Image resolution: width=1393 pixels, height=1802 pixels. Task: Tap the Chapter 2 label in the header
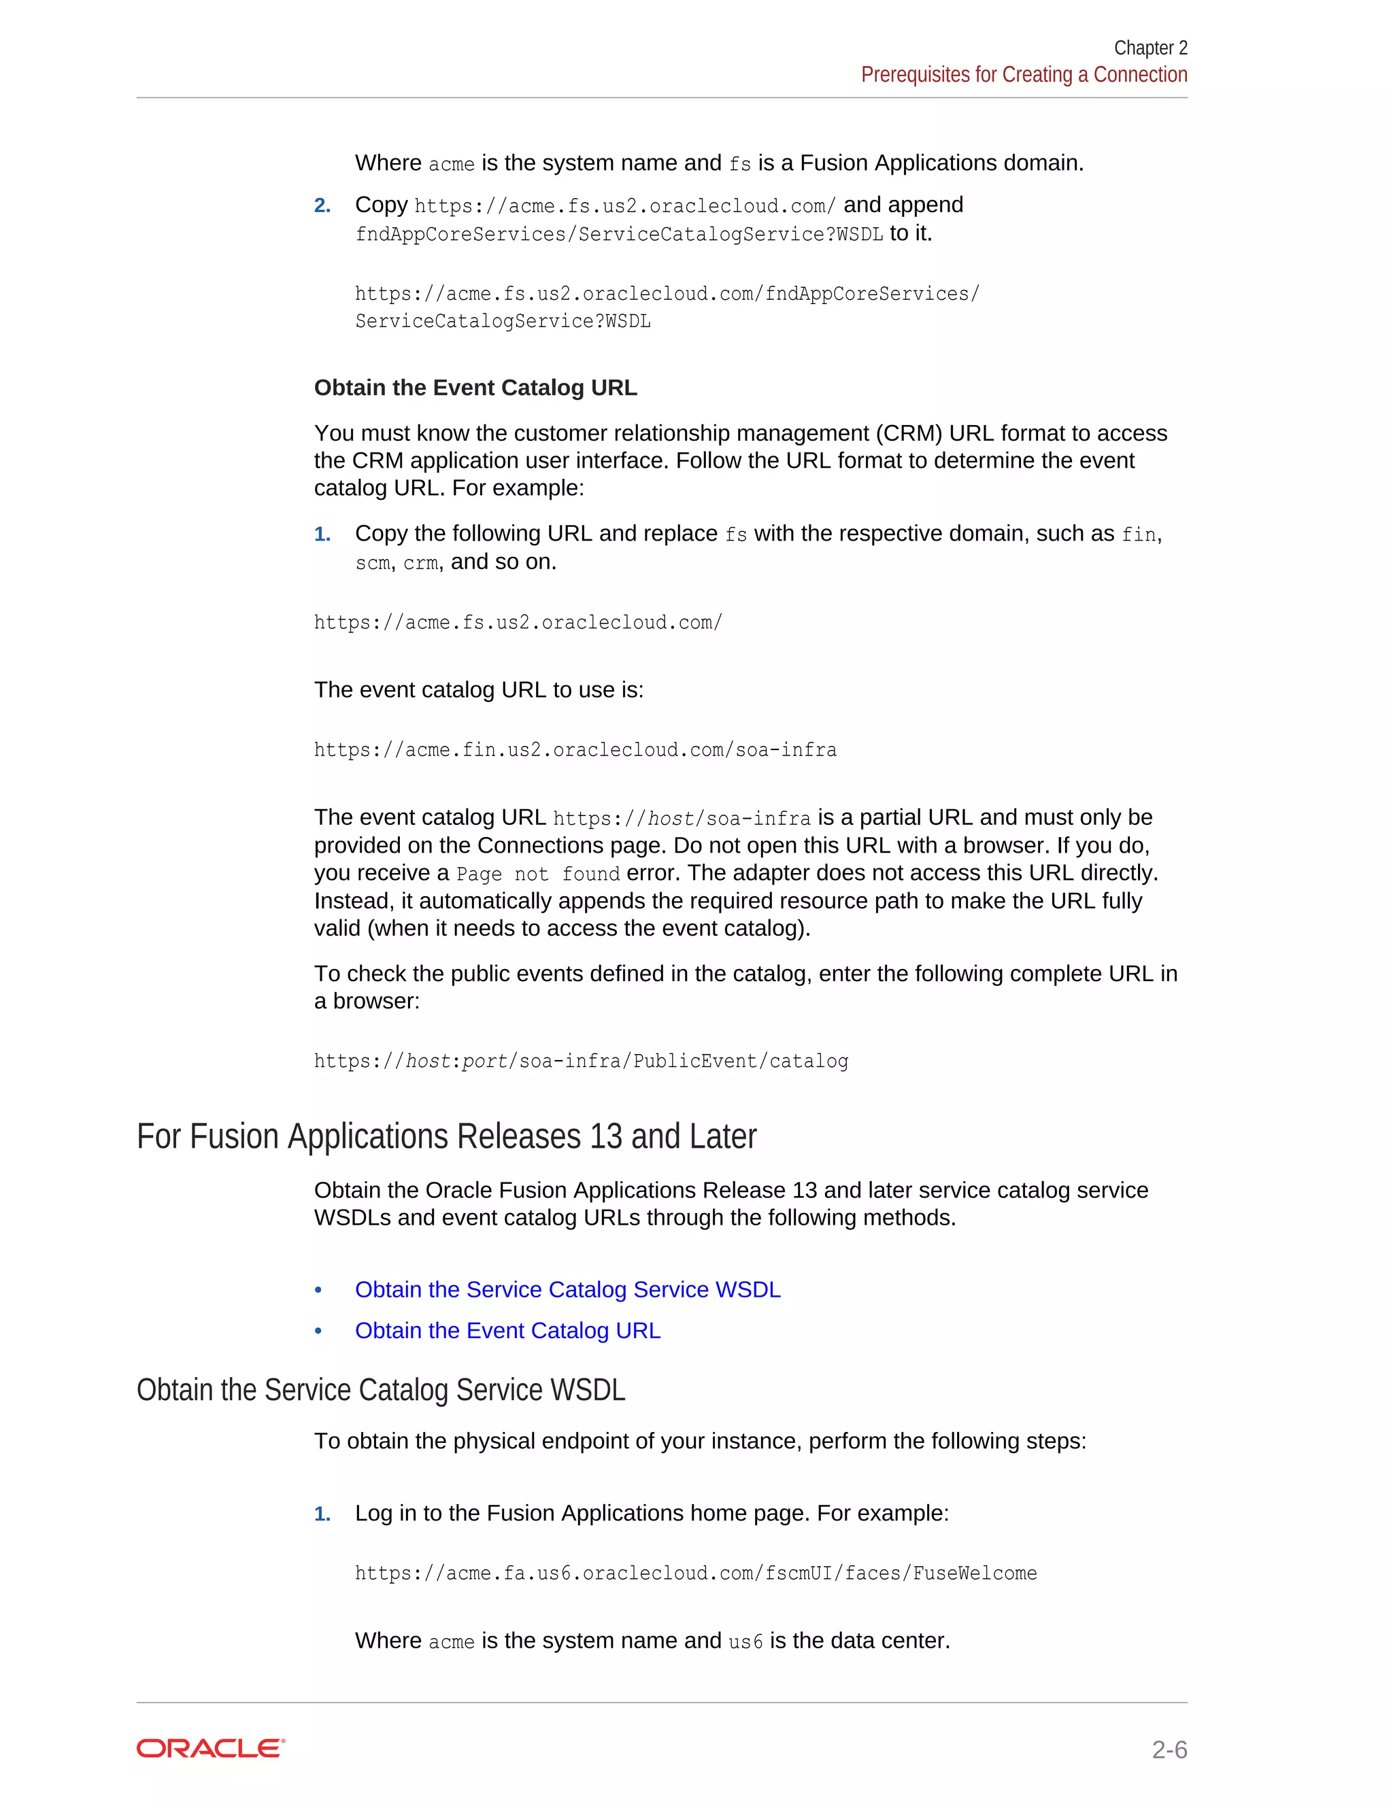coord(1149,48)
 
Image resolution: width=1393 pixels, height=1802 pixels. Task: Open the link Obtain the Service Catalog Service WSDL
coord(567,1289)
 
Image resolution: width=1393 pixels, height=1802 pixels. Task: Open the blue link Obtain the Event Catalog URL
coord(507,1331)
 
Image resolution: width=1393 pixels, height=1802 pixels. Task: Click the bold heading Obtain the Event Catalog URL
coord(475,388)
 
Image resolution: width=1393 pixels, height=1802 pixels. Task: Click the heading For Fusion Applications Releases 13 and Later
coord(446,1136)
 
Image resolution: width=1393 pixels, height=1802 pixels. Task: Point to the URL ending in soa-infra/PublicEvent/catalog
coord(581,1061)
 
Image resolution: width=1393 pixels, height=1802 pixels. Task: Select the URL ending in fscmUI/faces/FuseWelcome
coord(696,1574)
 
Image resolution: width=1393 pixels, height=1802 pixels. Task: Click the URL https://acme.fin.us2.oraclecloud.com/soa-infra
coord(575,750)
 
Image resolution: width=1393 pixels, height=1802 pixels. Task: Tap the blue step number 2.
coord(322,205)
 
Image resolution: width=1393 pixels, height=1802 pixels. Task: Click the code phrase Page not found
coord(538,874)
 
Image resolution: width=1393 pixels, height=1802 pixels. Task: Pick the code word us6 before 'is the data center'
coord(745,1642)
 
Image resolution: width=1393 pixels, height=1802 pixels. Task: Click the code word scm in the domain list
coord(372,564)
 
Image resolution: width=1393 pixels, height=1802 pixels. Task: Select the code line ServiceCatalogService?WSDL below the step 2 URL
coord(503,322)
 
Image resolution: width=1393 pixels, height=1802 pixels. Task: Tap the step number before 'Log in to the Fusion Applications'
coord(322,1514)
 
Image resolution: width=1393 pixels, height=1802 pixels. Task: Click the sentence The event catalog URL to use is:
coord(479,690)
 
